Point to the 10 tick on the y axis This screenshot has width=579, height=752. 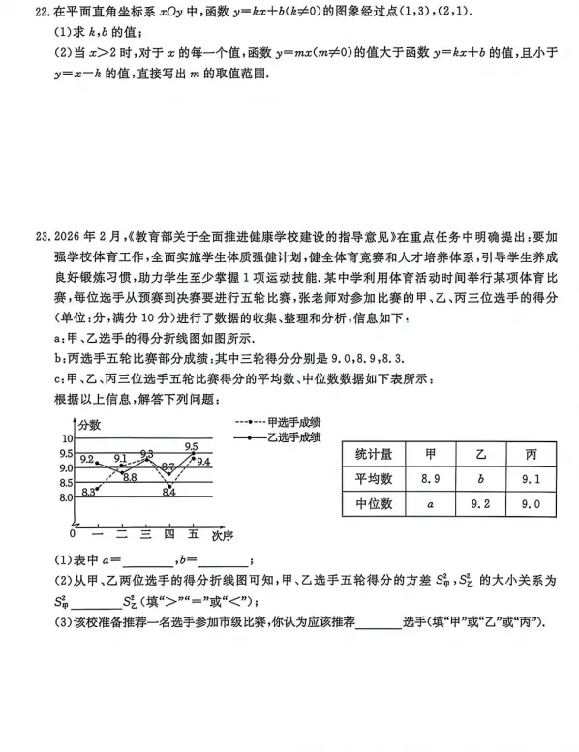tap(67, 438)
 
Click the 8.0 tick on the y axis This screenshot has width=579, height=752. tap(65, 497)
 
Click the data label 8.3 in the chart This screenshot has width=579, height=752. tap(89, 492)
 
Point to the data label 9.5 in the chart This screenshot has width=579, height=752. tap(191, 446)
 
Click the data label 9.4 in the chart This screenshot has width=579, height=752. tap(203, 462)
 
